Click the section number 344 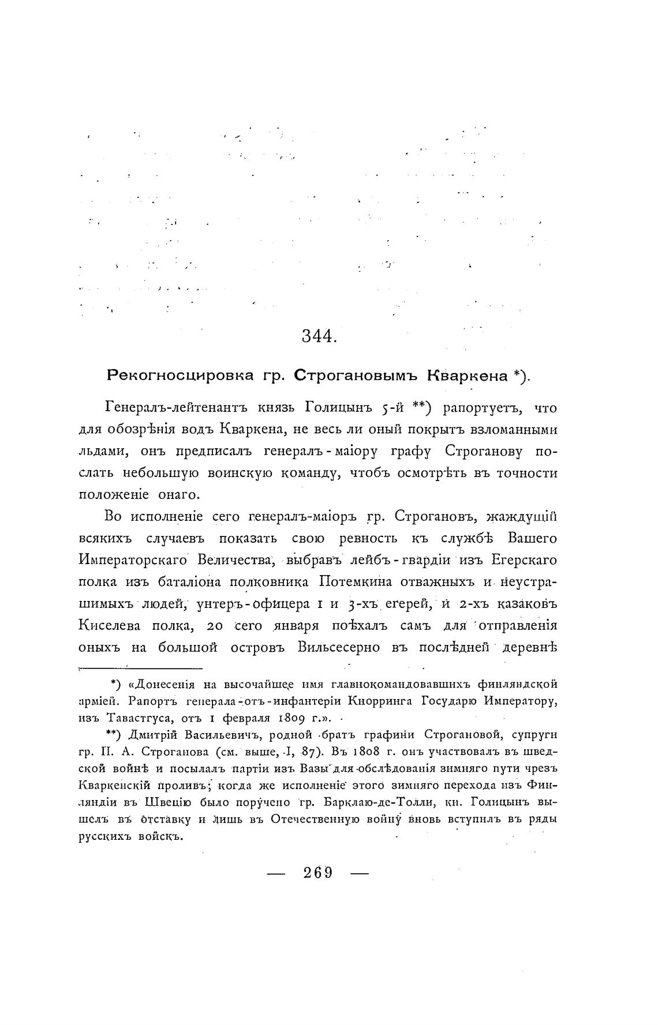coord(319,336)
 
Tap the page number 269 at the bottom coord(318,872)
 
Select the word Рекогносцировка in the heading coord(180,376)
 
